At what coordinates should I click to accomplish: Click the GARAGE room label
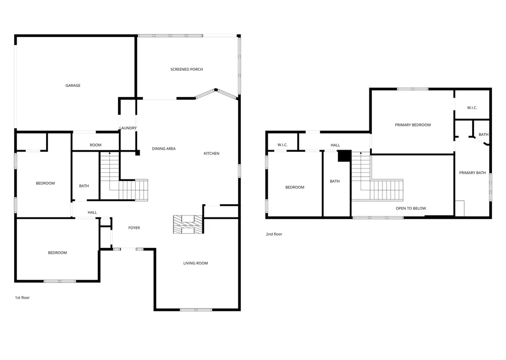coord(73,85)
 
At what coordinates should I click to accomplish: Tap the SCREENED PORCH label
coord(187,69)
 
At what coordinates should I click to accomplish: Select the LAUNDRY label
coord(128,128)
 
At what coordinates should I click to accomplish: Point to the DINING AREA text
coord(163,149)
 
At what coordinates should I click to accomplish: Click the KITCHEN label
coord(212,154)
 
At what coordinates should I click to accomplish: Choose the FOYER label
coord(134,228)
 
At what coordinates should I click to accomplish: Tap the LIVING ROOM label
coord(195,263)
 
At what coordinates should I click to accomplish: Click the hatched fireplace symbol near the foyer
coord(188,224)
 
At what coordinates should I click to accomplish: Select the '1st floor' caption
coord(22,298)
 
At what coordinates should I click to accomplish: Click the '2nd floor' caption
coord(274,234)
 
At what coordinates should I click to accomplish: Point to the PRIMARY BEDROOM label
coord(413,125)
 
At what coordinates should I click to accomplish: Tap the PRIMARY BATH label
coord(473,173)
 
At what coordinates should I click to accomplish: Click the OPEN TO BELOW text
coord(411,208)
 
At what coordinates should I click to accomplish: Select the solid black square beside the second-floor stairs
coord(344,156)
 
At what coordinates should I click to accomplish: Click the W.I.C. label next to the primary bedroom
coord(472,108)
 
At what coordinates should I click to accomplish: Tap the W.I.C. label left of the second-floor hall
coord(282,145)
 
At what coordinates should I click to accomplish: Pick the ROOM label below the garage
coord(96,145)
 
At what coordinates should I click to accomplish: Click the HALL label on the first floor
coord(92,212)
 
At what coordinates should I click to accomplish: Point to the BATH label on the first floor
coord(84,186)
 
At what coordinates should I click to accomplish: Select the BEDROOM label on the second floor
coord(294,188)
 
